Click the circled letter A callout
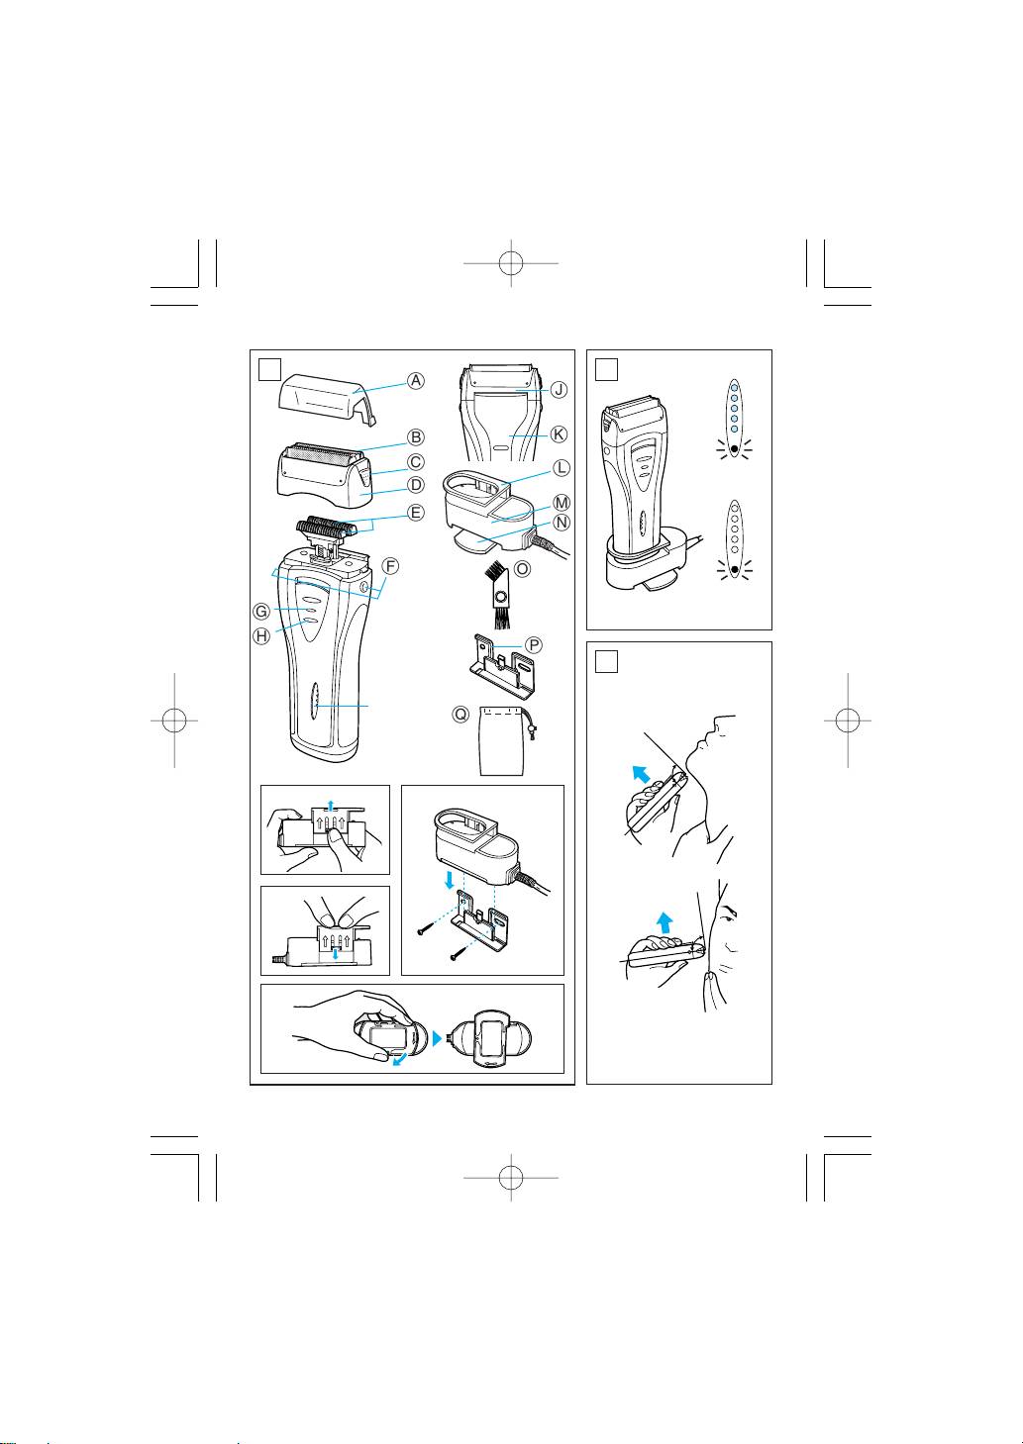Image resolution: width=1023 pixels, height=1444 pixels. [416, 380]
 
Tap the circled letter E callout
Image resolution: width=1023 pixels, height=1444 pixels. [416, 513]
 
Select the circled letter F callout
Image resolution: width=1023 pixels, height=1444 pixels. [390, 567]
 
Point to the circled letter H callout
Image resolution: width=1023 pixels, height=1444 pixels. [261, 636]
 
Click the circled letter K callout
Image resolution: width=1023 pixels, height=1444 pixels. [559, 434]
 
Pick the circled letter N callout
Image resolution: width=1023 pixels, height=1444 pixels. [562, 523]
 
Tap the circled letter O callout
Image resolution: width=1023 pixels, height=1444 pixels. [523, 569]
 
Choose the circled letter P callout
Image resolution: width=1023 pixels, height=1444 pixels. [534, 644]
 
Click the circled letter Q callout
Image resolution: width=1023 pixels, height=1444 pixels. [460, 715]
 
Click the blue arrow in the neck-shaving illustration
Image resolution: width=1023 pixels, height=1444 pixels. [640, 773]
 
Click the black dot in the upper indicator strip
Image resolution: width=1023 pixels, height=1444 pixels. [734, 448]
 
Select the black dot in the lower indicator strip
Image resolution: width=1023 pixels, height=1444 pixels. [734, 570]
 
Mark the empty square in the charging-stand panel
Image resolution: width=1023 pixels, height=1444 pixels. [606, 370]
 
